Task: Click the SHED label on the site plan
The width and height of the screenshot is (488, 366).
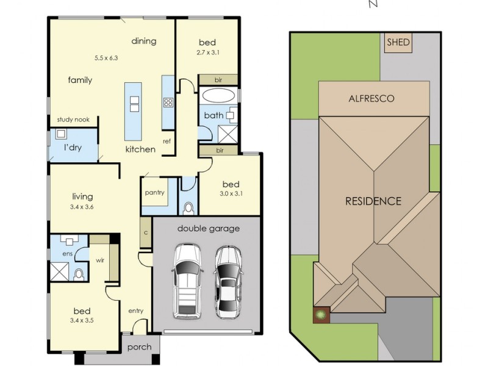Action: click(x=398, y=42)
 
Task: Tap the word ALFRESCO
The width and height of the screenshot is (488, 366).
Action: click(x=371, y=99)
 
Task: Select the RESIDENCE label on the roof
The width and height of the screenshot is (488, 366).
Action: click(x=373, y=201)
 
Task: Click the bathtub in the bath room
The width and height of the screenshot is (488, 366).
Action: click(x=218, y=96)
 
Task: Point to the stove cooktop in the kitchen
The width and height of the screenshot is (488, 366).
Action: click(x=168, y=102)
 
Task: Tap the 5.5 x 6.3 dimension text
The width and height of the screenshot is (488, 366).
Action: click(x=106, y=58)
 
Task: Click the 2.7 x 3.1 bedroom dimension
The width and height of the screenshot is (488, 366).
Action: click(x=208, y=52)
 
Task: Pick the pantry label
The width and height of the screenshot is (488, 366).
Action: click(x=155, y=193)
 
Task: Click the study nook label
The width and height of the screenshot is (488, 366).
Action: click(x=73, y=120)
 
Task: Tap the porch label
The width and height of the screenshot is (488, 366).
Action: click(x=140, y=347)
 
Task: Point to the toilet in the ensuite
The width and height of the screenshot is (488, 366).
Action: click(x=79, y=275)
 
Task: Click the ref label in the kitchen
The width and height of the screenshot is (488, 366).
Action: click(x=167, y=142)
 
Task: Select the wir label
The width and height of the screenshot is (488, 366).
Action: click(x=100, y=260)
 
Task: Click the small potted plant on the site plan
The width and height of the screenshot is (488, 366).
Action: click(x=321, y=315)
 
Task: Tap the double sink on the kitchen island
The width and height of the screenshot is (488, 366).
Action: click(x=134, y=104)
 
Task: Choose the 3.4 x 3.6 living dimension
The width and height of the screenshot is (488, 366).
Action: click(x=82, y=207)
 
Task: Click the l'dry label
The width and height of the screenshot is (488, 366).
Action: click(x=73, y=148)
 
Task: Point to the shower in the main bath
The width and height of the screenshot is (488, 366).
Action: click(x=228, y=134)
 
